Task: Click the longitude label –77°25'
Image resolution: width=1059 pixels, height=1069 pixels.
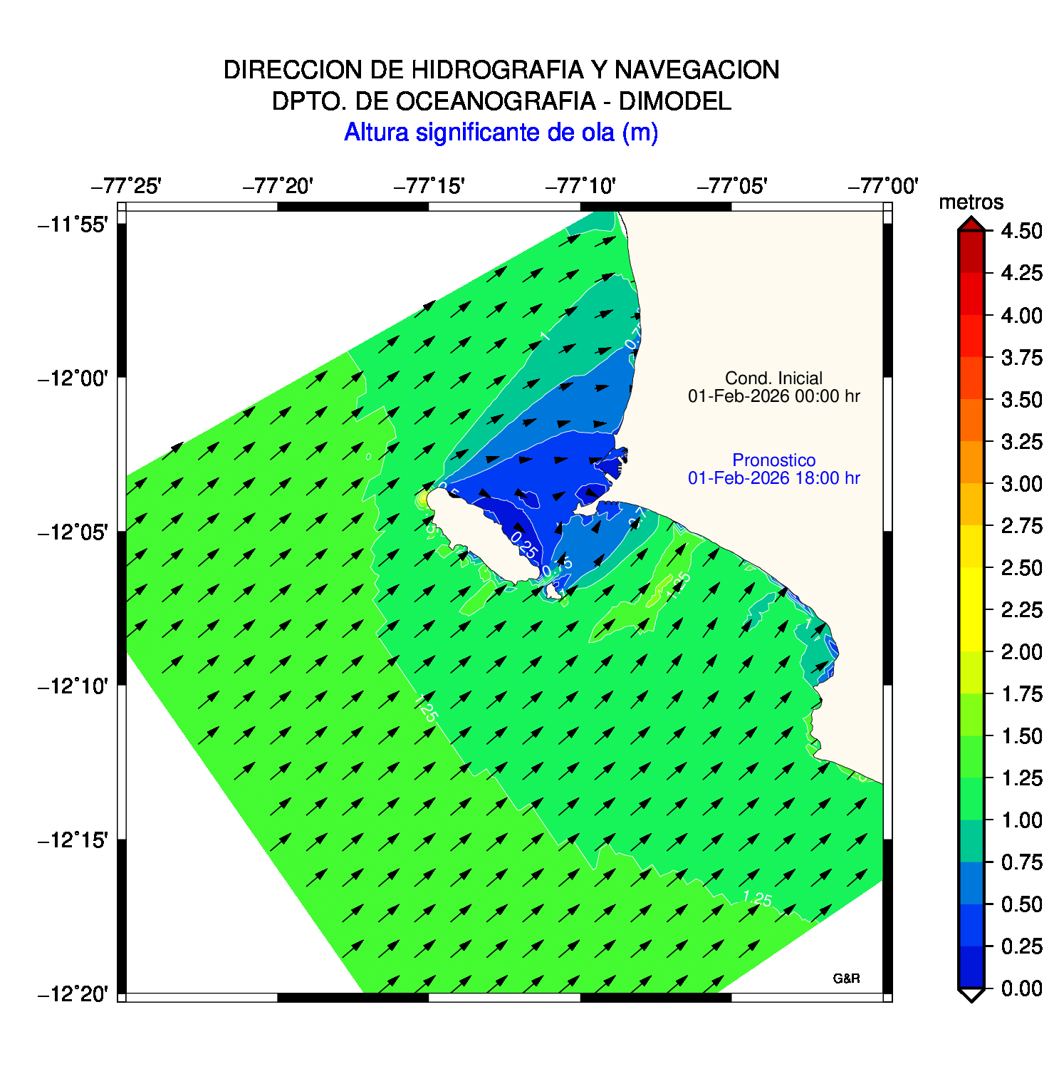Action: (x=126, y=187)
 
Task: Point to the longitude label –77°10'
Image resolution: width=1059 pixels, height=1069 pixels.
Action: (x=580, y=187)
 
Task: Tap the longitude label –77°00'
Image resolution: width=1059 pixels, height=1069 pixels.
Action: (x=883, y=187)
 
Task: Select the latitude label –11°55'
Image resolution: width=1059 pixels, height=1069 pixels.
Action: (x=73, y=225)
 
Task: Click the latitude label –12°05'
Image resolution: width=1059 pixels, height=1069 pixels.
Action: (x=73, y=532)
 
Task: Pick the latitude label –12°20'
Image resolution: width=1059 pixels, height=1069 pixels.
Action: (x=73, y=993)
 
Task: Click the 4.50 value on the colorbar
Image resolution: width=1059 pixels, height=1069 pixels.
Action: (x=1021, y=231)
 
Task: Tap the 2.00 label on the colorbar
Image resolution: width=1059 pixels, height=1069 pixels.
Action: (x=1021, y=652)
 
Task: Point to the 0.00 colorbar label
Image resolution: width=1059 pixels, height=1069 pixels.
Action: (x=1021, y=988)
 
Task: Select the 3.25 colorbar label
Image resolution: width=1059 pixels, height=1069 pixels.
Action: (x=1021, y=442)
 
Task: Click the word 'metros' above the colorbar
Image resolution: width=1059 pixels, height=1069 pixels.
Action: (x=971, y=202)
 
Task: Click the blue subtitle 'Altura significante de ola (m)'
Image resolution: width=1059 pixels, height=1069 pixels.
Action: (x=501, y=133)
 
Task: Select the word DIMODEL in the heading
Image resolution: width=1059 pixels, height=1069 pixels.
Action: (x=674, y=101)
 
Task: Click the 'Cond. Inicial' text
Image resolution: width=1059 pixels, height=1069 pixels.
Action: (x=773, y=378)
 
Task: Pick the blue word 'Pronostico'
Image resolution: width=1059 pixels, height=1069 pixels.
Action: (x=773, y=460)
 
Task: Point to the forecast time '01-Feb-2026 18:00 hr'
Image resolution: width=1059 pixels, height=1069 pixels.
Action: (x=773, y=478)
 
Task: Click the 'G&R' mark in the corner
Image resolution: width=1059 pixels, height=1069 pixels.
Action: (x=846, y=978)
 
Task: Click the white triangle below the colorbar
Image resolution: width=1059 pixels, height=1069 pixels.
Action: (x=971, y=995)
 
